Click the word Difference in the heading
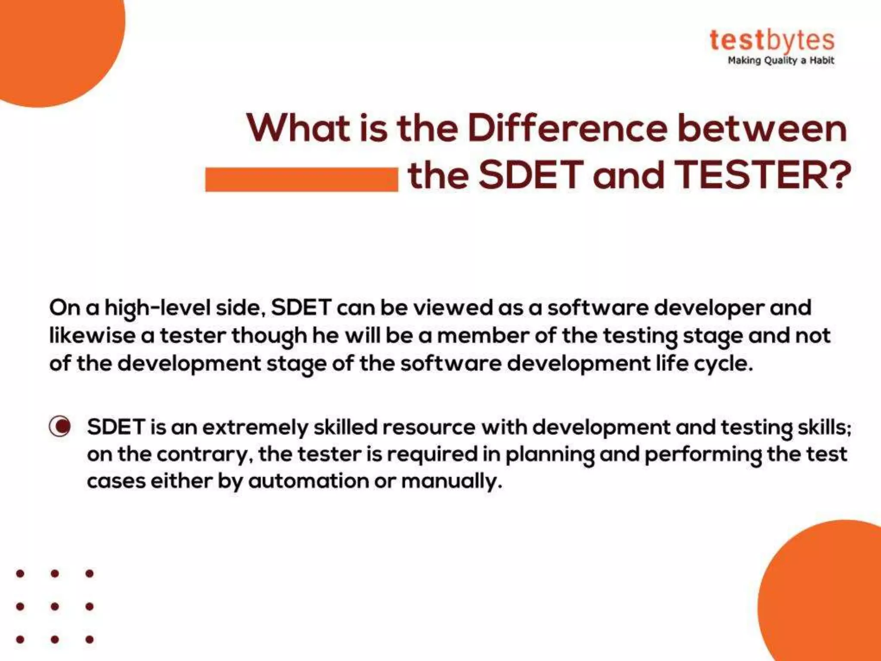[567, 128]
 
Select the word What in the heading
[298, 128]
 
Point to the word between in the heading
[762, 128]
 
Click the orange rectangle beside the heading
[302, 179]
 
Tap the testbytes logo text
[772, 40]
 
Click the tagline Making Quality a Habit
[780, 61]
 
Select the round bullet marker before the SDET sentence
[60, 426]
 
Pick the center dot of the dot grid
[55, 606]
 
